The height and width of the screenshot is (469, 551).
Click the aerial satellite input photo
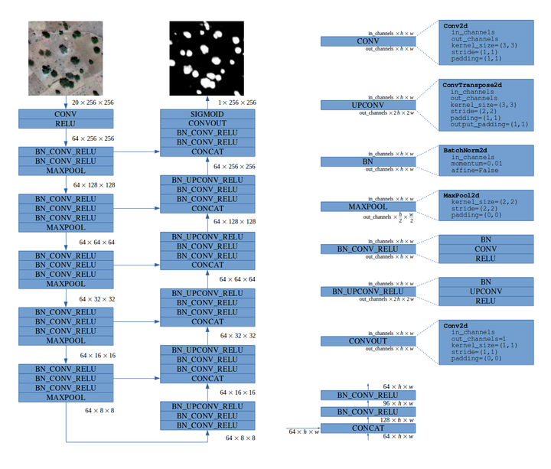click(65, 58)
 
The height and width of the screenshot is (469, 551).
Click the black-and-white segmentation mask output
click(206, 58)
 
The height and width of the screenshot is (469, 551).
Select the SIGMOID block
click(207, 112)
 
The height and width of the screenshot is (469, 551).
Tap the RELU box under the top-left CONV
click(65, 122)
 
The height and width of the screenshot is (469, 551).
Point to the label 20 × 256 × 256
click(92, 102)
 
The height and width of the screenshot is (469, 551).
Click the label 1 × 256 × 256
click(234, 102)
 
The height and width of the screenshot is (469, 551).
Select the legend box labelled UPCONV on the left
click(368, 104)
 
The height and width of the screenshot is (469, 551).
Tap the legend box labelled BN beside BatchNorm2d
click(368, 162)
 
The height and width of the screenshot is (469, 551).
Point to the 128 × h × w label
click(398, 420)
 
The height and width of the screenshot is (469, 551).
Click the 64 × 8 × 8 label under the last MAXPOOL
click(99, 411)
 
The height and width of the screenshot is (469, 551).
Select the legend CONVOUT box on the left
click(368, 340)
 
